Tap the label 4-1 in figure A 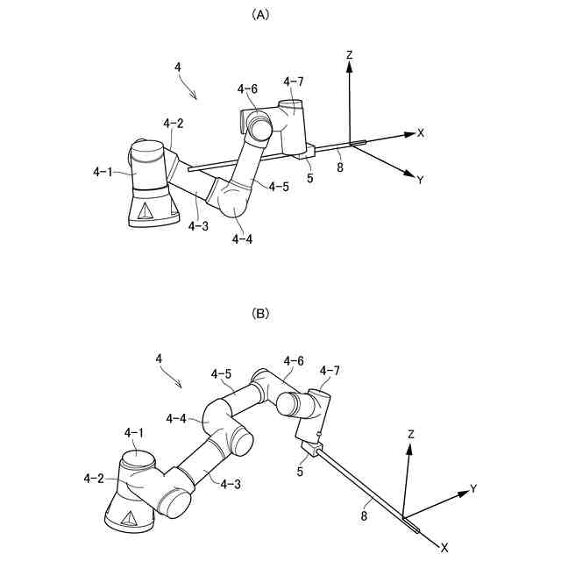pyautogui.click(x=103, y=173)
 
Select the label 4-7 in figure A pyautogui.click(x=294, y=82)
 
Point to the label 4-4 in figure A pyautogui.click(x=243, y=238)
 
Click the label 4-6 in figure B pyautogui.click(x=294, y=360)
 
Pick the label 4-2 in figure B pyautogui.click(x=95, y=478)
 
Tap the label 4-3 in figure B pyautogui.click(x=232, y=483)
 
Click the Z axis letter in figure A pyautogui.click(x=349, y=54)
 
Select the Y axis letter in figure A pyautogui.click(x=421, y=180)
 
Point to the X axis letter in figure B pyautogui.click(x=444, y=547)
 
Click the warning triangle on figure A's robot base pyautogui.click(x=145, y=209)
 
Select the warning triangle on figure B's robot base pyautogui.click(x=128, y=517)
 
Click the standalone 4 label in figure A pyautogui.click(x=178, y=67)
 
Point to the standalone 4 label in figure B pyautogui.click(x=159, y=359)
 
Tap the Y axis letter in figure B pyautogui.click(x=473, y=487)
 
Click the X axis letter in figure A pyautogui.click(x=421, y=133)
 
